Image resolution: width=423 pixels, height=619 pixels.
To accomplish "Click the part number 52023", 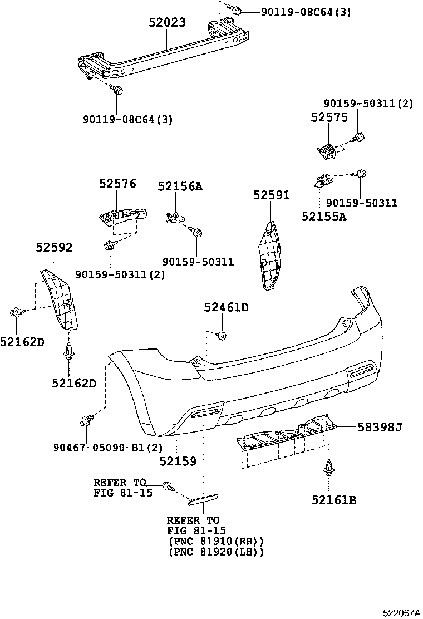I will coord(167,23).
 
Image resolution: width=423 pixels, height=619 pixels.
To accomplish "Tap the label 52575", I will coord(328,117).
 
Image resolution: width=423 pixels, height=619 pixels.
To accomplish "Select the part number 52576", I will coord(117,184).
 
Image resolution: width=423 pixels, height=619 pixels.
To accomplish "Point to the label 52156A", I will coord(179,186).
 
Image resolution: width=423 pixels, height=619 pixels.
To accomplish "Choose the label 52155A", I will coord(323,217).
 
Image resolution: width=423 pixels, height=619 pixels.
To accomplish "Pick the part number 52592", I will coord(54,247).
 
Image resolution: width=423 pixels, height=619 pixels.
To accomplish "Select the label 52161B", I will coord(333,500).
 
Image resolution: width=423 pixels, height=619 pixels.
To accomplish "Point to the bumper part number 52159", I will coord(178,461).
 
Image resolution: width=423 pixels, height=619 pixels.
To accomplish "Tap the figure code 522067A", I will coord(401,612).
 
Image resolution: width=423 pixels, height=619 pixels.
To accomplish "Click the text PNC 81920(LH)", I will coord(215,552).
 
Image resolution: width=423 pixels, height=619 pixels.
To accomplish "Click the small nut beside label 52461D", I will coord(221,335).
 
